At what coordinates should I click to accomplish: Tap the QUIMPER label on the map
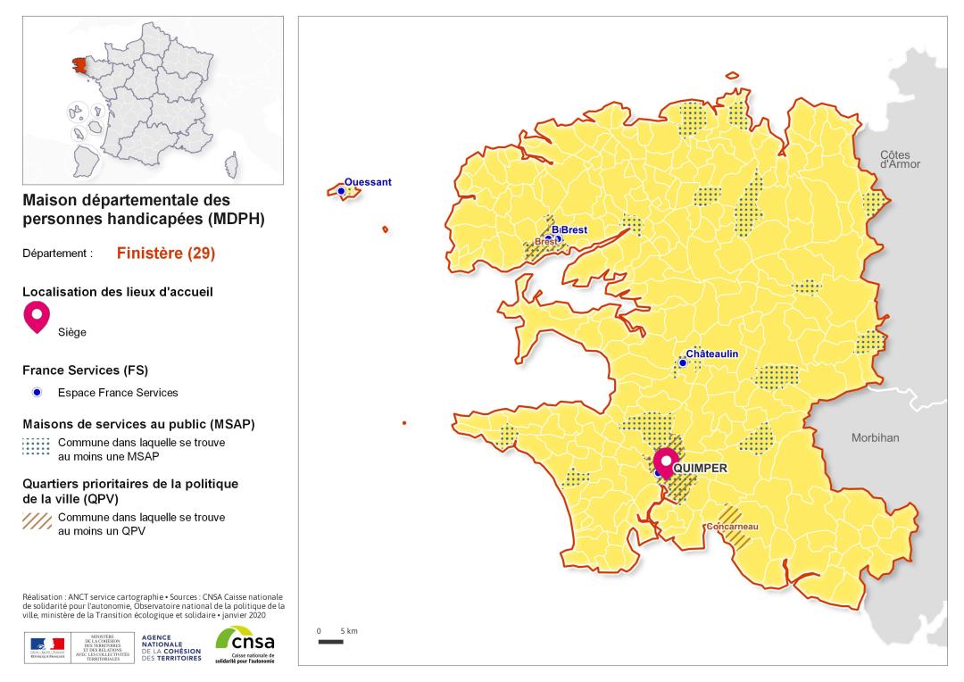point(702,468)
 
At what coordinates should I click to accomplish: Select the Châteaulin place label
point(724,354)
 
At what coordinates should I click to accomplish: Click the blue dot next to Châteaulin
point(683,362)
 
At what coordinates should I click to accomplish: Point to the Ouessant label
point(368,182)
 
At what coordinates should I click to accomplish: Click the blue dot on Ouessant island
point(341,191)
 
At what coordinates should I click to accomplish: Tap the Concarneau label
point(731,527)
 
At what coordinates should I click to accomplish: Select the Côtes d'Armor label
point(900,159)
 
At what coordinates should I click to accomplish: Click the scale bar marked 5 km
point(330,641)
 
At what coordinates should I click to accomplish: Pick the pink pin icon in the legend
point(37,315)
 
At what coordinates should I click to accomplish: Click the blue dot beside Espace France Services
point(37,393)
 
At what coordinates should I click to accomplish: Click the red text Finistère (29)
point(166,253)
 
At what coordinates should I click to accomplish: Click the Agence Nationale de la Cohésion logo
point(171,645)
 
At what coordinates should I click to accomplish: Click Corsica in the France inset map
point(235,165)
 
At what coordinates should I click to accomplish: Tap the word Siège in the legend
point(72,331)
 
